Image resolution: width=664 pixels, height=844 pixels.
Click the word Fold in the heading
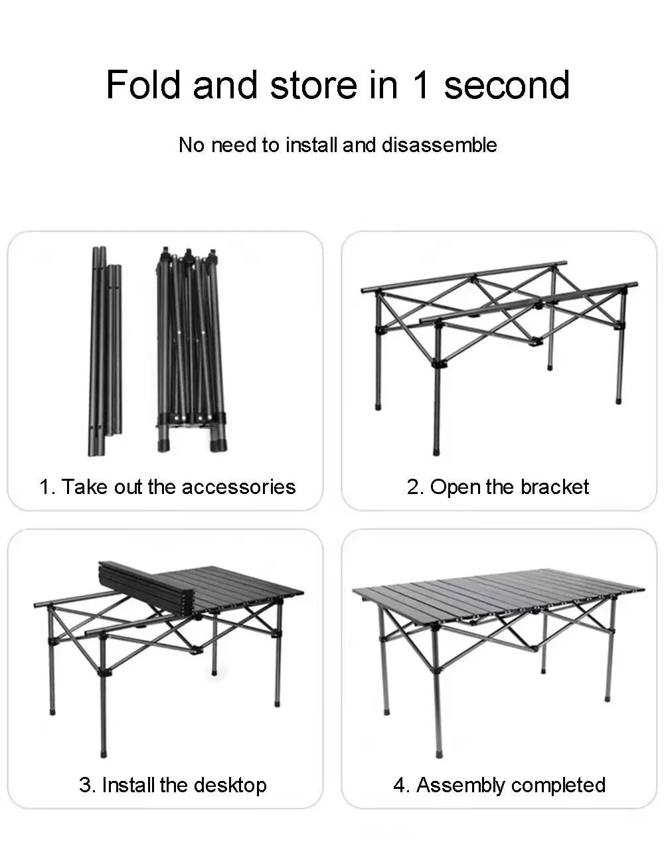[x=143, y=85]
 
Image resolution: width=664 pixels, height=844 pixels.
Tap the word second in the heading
[x=507, y=85]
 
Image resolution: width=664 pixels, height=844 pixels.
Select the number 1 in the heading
[x=420, y=85]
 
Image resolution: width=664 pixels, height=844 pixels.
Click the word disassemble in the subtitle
[x=439, y=145]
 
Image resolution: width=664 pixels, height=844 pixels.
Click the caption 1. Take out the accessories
[x=167, y=487]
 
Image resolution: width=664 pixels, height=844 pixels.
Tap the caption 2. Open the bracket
[x=497, y=487]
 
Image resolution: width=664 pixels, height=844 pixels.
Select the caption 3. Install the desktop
[x=173, y=785]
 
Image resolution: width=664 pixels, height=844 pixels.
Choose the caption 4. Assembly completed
[x=499, y=785]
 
